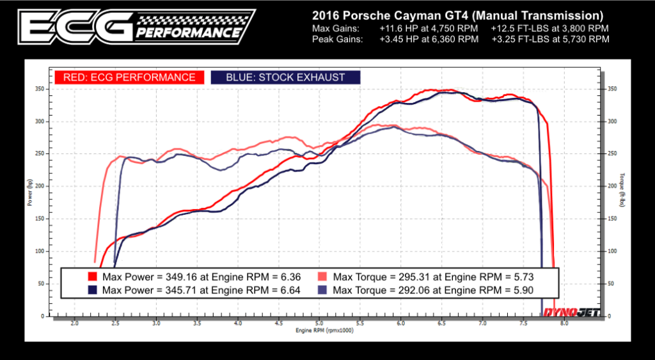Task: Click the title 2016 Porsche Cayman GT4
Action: coord(457,14)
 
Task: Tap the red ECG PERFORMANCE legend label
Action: coord(129,77)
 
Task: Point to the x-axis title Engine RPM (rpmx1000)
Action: coord(324,331)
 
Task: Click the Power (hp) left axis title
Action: coord(30,193)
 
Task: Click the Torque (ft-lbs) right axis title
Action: coord(622,191)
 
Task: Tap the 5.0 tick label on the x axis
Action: coord(319,324)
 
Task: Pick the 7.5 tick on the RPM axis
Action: coord(523,324)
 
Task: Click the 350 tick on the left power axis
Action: coord(40,89)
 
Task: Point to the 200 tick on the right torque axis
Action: coord(612,186)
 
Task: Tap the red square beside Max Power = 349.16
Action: coord(92,277)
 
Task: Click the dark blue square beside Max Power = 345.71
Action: coord(92,290)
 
